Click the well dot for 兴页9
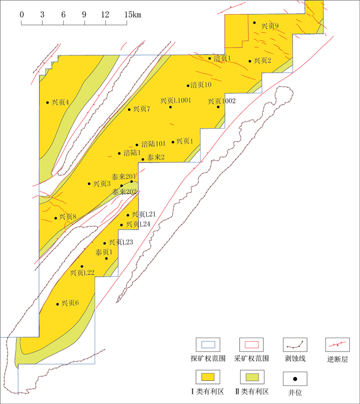pos(254,22)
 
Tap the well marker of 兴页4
pos(48,102)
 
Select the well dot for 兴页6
pos(57,304)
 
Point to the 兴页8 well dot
pos(56,218)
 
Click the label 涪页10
pos(201,85)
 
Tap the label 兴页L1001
pos(175,100)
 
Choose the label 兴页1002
pos(222,101)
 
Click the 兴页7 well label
pos(141,109)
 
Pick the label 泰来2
pos(155,157)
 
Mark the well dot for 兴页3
pos(89,184)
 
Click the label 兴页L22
pos(82,272)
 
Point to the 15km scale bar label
pos(133,14)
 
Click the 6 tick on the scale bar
pos(63,14)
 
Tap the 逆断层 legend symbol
pos(338,344)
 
